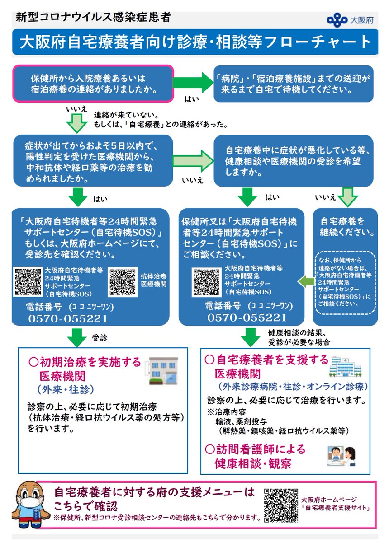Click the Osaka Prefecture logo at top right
337,19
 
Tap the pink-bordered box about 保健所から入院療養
93,83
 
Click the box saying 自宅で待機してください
294,83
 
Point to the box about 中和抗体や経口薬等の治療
93,160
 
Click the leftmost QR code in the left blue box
28,281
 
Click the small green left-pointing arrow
305,282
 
